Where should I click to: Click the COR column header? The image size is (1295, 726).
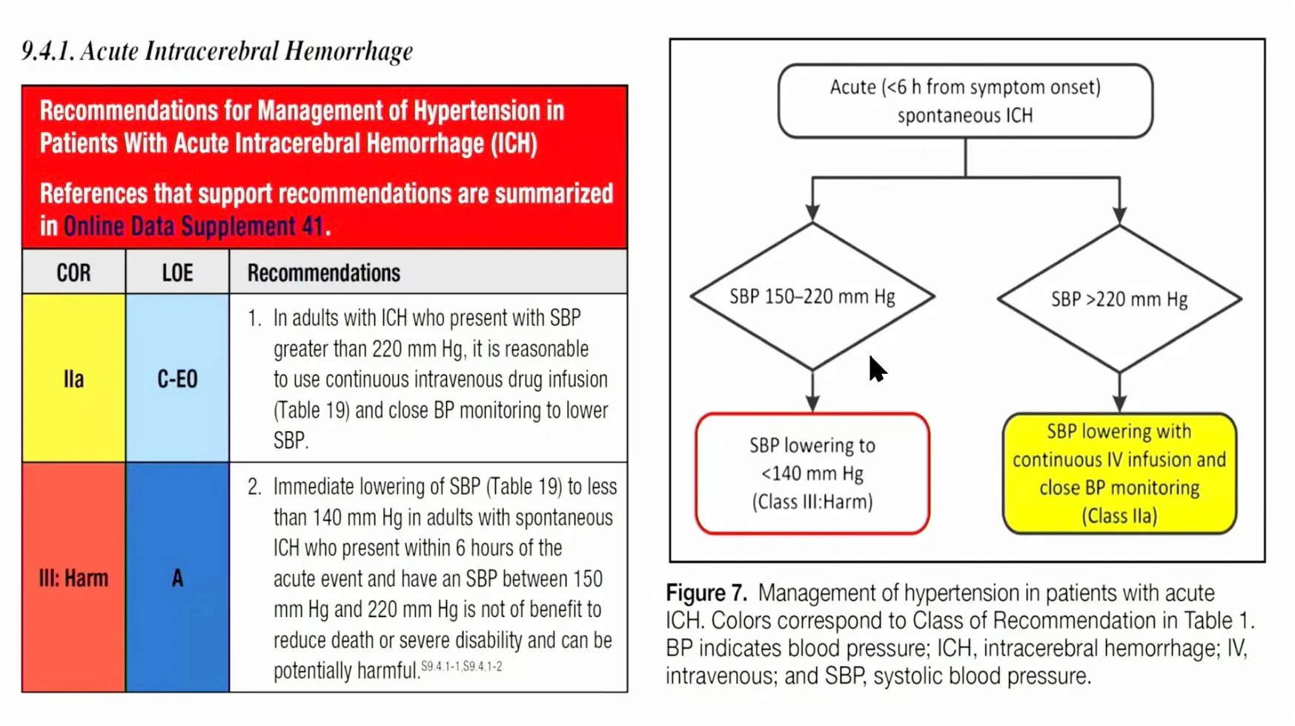[x=73, y=273]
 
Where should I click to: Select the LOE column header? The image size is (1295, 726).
[x=177, y=273]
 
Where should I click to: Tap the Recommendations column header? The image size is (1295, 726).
[x=324, y=273]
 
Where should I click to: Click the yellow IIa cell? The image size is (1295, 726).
[x=73, y=379]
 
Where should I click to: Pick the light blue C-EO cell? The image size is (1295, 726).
[x=177, y=379]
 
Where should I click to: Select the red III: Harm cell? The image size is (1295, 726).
[x=73, y=578]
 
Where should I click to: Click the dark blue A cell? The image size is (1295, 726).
[x=177, y=578]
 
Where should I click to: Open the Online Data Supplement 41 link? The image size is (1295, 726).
[x=193, y=226]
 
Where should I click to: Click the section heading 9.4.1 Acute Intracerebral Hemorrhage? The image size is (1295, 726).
[x=217, y=51]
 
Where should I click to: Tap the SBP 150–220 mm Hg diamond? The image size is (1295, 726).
[x=812, y=297]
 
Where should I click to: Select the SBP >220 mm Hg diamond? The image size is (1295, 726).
[x=1119, y=299]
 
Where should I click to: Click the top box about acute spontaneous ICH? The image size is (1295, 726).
[x=965, y=101]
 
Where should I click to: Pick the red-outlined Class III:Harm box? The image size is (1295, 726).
[x=812, y=473]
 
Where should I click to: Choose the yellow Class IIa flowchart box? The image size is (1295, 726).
[x=1119, y=473]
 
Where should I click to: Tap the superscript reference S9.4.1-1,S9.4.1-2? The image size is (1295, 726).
[x=461, y=667]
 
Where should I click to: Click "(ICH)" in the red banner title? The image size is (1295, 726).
[x=514, y=143]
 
